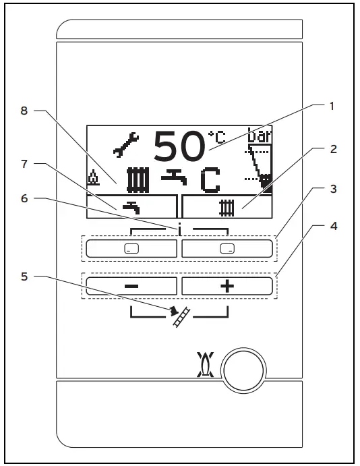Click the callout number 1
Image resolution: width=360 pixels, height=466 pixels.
pos(331,106)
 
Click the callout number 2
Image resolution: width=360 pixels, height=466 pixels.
pos(331,150)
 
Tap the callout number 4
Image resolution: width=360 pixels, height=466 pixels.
pos(331,227)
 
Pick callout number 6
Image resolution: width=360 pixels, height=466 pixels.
pos(24,198)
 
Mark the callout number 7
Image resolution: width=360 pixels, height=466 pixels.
pos(24,163)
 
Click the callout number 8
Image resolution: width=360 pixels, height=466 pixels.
pos(24,110)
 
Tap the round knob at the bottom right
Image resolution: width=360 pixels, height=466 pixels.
pos(245,372)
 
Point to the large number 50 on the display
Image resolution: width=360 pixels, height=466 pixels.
pos(179,146)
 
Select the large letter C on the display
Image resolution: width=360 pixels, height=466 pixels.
pos(211,180)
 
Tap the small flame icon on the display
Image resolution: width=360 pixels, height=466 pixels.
pos(93,179)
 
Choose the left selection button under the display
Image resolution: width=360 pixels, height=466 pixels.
pos(131,248)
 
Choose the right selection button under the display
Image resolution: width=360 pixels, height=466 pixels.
pos(227,248)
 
